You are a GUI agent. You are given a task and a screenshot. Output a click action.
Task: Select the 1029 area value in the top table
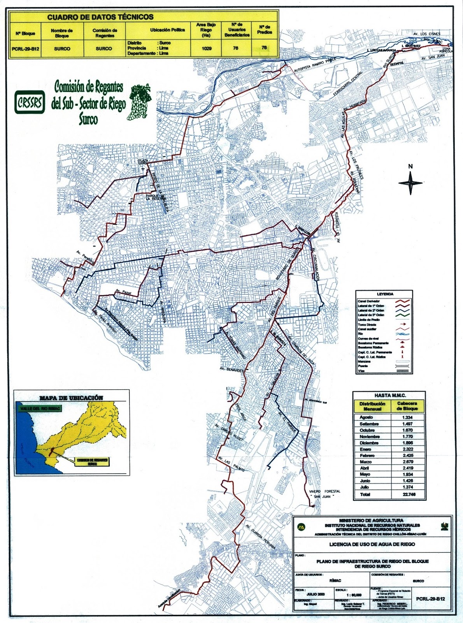207,48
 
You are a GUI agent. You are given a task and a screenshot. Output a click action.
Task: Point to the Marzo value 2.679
407,462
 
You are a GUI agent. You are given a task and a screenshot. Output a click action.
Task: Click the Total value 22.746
407,494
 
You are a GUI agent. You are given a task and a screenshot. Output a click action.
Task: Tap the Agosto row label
366,417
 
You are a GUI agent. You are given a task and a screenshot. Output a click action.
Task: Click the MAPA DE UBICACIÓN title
71,398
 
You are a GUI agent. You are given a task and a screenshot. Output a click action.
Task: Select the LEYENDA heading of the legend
385,294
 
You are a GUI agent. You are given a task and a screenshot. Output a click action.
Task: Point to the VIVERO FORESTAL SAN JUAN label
324,494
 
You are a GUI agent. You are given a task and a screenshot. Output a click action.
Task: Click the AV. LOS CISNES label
426,34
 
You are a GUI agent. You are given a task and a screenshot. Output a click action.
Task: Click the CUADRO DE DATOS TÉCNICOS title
100,17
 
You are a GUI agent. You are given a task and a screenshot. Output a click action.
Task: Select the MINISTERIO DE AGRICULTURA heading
371,520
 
